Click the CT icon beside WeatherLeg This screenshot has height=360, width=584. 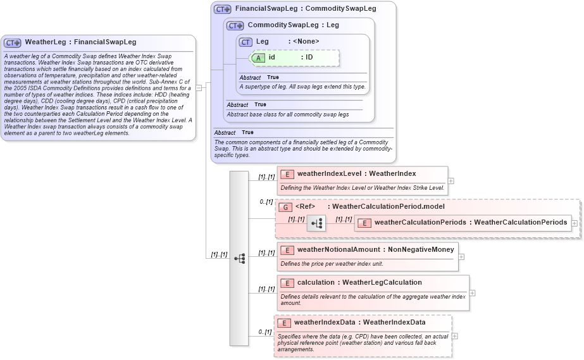pyautogui.click(x=13, y=42)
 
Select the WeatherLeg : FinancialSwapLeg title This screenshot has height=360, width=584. pyautogui.click(x=80, y=42)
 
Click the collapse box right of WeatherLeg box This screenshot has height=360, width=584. pyautogui.click(x=199, y=88)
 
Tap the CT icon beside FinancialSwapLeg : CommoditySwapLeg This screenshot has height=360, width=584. pyautogui.click(x=222, y=9)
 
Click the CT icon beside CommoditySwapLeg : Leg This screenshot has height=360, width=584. pyautogui.click(x=235, y=26)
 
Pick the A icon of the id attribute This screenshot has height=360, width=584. pyautogui.click(x=258, y=58)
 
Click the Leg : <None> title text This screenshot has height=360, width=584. pyautogui.click(x=287, y=42)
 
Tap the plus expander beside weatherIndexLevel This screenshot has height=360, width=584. pyautogui.click(x=451, y=180)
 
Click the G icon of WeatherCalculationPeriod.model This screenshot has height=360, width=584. pyautogui.click(x=285, y=207)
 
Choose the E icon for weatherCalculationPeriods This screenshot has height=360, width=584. pyautogui.click(x=364, y=223)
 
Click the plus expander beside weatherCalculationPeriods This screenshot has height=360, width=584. pyautogui.click(x=574, y=223)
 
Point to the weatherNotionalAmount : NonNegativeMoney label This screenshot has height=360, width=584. pyautogui.click(x=375, y=250)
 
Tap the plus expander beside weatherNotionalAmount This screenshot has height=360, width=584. pyautogui.click(x=461, y=257)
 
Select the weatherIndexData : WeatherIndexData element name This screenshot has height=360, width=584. pyautogui.click(x=359, y=323)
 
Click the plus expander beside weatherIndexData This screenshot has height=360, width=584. pyautogui.click(x=455, y=336)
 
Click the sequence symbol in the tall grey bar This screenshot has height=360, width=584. pyautogui.click(x=239, y=258)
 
